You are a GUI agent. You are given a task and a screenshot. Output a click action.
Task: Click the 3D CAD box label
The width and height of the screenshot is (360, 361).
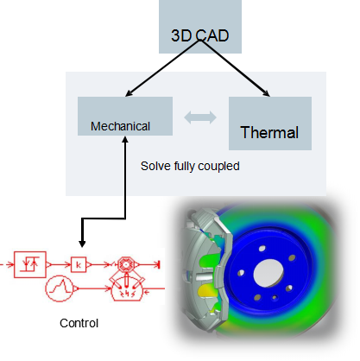coord(200,35)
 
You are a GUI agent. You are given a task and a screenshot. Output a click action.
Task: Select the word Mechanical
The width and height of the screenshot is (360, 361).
coord(120,126)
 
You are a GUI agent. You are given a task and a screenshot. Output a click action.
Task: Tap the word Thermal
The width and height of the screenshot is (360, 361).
coord(269,132)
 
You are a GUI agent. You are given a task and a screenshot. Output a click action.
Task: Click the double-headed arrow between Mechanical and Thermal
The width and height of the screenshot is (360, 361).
coord(200,117)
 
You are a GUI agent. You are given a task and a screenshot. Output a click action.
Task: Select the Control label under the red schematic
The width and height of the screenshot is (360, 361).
coord(79,323)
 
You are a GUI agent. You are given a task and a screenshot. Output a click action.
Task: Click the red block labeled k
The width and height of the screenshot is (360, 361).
coord(79,264)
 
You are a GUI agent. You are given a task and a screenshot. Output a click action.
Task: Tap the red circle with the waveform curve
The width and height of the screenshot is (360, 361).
coord(60,288)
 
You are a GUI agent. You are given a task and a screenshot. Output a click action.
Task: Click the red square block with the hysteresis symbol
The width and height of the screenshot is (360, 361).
coord(30,264)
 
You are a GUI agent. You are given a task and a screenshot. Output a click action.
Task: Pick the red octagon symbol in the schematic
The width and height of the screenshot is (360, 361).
coord(125,264)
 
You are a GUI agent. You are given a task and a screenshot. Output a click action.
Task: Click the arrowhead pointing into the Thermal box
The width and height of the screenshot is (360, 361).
coord(266,92)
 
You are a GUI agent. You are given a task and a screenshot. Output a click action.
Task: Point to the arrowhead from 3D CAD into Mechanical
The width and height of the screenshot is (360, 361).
coord(129,93)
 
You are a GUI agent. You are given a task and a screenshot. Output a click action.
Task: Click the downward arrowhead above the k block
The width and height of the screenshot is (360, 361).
coord(82,243)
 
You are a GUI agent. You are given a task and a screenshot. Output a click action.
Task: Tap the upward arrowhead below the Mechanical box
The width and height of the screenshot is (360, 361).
coord(125,139)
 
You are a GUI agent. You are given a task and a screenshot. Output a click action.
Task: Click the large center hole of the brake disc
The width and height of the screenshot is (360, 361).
coord(268,273)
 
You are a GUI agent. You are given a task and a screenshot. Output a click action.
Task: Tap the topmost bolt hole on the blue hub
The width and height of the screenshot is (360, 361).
coord(262,248)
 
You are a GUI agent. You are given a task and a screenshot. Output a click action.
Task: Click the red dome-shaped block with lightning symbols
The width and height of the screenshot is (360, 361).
coord(127,289)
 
